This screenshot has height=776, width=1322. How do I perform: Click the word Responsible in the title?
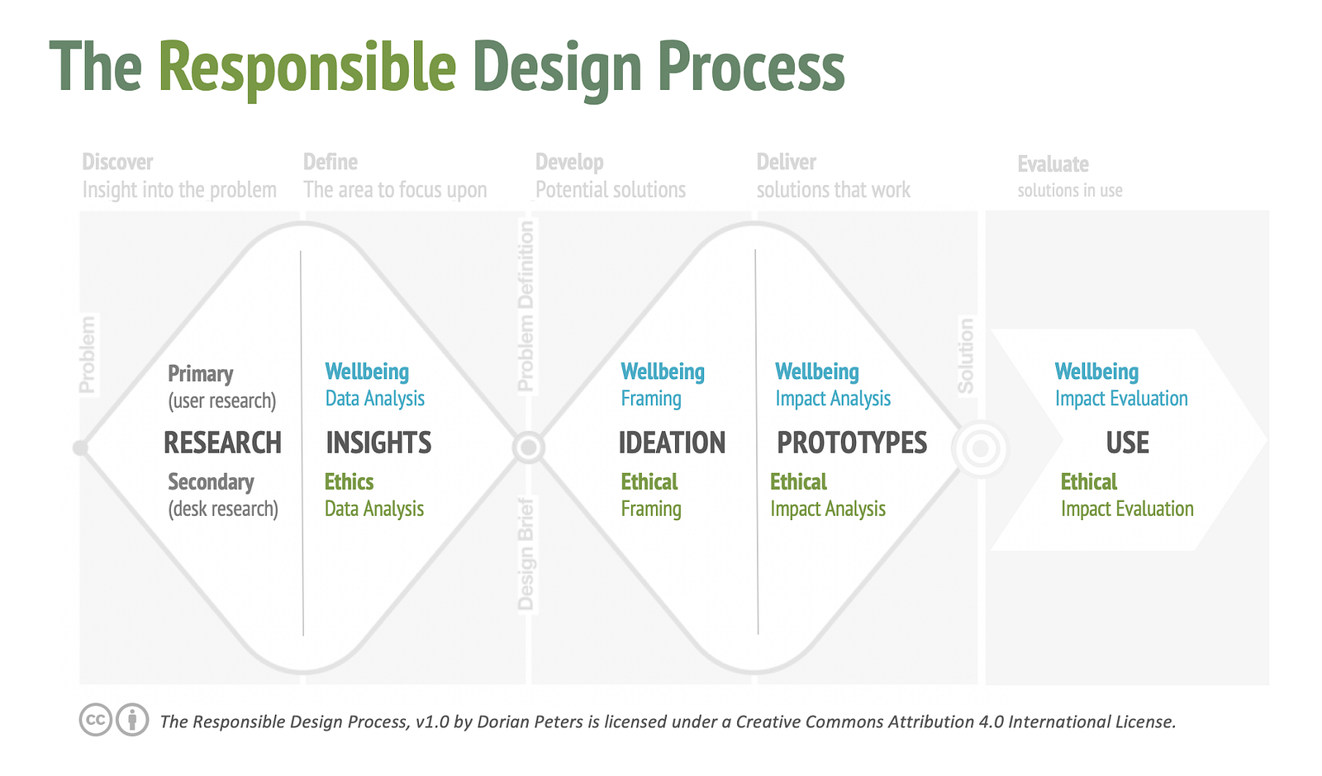click(x=307, y=67)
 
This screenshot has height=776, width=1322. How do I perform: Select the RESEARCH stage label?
click(x=222, y=442)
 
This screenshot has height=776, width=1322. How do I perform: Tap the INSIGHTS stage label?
click(x=378, y=442)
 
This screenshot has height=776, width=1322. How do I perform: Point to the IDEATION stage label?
click(x=672, y=442)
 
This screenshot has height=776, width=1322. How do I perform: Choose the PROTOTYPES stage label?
click(x=852, y=442)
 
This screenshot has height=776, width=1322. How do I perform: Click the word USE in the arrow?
click(x=1127, y=442)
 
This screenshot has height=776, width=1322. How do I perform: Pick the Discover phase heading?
click(x=117, y=162)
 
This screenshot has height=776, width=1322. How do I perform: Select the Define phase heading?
click(x=330, y=162)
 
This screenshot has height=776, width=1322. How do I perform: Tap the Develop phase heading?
click(x=569, y=163)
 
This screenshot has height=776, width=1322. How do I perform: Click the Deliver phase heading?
click(x=786, y=162)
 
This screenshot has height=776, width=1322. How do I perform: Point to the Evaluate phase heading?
click(x=1053, y=164)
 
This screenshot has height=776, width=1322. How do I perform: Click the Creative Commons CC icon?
click(x=96, y=720)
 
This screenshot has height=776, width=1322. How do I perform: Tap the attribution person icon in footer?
click(x=132, y=720)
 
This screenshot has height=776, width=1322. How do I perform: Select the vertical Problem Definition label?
click(x=525, y=306)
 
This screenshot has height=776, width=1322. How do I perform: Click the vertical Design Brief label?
click(x=525, y=554)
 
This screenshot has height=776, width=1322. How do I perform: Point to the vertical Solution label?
click(x=966, y=356)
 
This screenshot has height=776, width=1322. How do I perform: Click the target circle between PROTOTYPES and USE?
click(x=980, y=449)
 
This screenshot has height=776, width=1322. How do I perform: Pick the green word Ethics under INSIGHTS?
click(x=349, y=482)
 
